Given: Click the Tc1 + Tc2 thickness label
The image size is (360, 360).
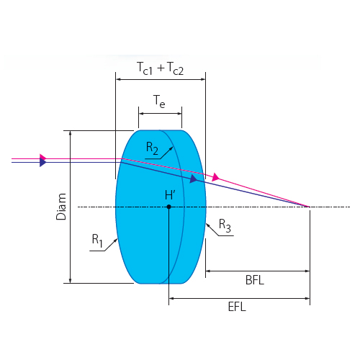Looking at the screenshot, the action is click(160, 68).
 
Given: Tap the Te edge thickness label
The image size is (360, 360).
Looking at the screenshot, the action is click(159, 101).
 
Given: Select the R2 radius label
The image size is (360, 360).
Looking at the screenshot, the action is click(152, 148).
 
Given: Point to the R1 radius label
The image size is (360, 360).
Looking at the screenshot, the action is click(97, 240).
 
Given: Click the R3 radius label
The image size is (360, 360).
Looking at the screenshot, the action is click(225, 225).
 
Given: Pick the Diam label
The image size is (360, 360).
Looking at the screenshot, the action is click(61, 207).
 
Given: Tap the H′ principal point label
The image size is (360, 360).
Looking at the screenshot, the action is click(170, 195).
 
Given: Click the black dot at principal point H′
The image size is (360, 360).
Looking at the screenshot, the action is click(169, 207).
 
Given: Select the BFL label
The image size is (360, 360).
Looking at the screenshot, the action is click(255, 280).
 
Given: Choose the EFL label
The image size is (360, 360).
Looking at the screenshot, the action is click(237, 307).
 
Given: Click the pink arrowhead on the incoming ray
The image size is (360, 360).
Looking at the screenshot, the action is click(43, 158).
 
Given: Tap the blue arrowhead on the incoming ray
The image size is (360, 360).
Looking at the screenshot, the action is click(43, 163).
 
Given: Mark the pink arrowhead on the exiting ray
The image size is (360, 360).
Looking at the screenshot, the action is click(216, 177).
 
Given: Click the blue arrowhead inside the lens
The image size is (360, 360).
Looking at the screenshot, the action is click(194, 179).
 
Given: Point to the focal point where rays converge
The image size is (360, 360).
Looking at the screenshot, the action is click(310, 207).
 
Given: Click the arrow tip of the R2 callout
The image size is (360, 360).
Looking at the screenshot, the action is click(173, 147).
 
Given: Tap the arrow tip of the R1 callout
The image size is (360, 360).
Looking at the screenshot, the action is click(117, 239).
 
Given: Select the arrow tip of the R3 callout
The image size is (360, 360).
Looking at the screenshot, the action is click(207, 224).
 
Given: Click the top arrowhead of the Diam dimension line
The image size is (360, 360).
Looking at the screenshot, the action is click(70, 131).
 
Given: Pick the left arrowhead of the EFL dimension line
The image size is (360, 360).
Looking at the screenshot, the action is click(169, 299).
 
